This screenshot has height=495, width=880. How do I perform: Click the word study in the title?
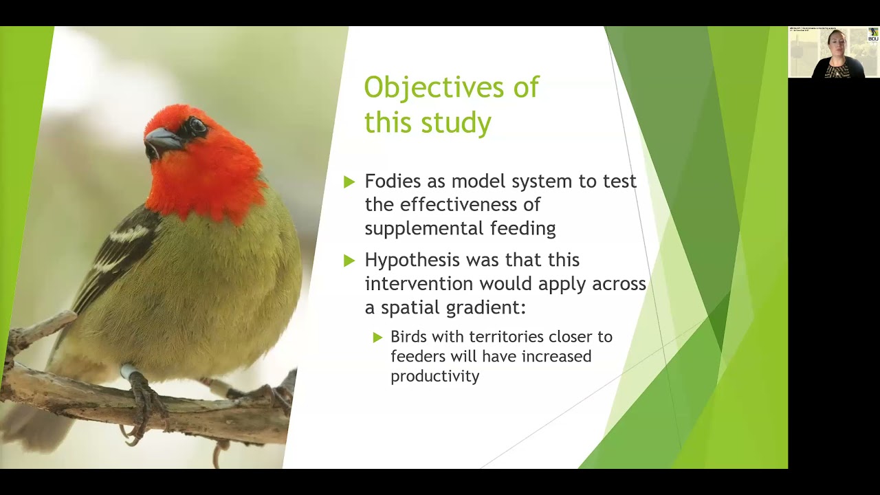point(459,122)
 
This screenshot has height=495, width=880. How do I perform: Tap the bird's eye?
point(197,126)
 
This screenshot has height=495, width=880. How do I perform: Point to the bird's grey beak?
point(160,140)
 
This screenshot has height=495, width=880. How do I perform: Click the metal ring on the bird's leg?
point(129,372)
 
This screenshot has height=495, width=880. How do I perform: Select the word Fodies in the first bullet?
point(391,181)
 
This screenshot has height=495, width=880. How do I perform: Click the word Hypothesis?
point(412,261)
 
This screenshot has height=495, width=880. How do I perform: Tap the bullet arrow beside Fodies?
point(349,181)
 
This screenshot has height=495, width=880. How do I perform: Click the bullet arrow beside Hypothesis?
point(349,261)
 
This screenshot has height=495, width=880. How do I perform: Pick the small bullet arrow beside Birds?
point(377,337)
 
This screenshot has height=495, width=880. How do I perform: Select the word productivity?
point(434,376)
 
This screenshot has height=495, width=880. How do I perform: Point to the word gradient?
point(485,307)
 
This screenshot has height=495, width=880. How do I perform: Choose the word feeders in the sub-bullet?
point(417,356)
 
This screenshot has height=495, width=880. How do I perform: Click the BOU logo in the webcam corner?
point(873,35)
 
